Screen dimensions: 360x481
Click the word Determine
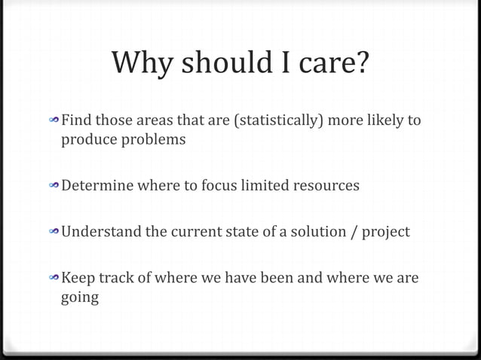point(97,185)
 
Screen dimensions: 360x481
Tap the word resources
point(326,185)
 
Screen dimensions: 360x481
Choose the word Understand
point(101,231)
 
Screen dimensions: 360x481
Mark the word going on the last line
point(79,298)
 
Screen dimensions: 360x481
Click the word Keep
point(77,278)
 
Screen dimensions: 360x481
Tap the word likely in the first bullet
point(382,121)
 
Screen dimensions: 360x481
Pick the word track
point(116,278)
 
